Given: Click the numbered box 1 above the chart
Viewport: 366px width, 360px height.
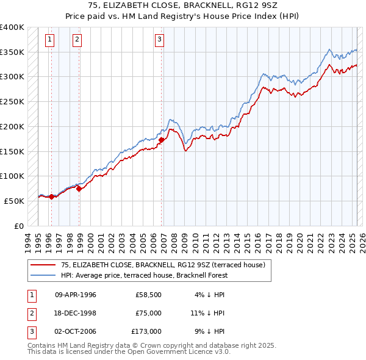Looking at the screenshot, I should (x=49, y=40).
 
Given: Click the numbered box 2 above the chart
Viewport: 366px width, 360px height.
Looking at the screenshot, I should (x=77, y=40).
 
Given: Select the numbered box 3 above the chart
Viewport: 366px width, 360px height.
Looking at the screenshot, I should (x=159, y=40).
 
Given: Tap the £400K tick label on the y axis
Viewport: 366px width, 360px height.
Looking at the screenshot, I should (x=12, y=27).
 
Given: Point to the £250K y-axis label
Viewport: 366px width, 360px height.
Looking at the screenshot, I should (x=12, y=102).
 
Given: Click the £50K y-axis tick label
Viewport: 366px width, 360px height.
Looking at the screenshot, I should (x=15, y=201).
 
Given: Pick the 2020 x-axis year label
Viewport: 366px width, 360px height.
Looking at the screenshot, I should (x=299, y=240).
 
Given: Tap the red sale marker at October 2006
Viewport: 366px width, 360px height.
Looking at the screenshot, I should (x=162, y=140).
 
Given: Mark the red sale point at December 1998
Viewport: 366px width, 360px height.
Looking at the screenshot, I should (x=79, y=189).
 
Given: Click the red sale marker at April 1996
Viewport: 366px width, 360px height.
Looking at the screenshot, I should (x=51, y=196).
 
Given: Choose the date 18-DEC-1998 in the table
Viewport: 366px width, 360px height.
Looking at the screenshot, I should (x=76, y=313).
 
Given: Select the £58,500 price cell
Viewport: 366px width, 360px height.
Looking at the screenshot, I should (x=148, y=295).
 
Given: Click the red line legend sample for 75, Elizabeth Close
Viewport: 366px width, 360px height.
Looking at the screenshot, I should (x=43, y=265).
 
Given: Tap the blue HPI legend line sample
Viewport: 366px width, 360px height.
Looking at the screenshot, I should (x=43, y=275).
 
